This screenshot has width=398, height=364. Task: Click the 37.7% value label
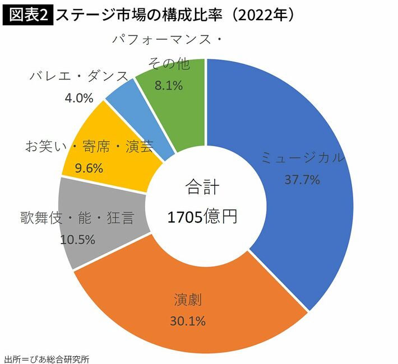pyautogui.click(x=302, y=180)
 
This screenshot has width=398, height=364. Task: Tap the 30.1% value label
pyautogui.click(x=188, y=321)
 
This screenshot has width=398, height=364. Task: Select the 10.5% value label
pyautogui.click(x=77, y=239)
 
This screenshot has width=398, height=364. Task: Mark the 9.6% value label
pyautogui.click(x=89, y=167)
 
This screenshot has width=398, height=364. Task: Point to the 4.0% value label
pyautogui.click(x=78, y=98)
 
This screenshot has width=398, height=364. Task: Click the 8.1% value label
pyautogui.click(x=169, y=86)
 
